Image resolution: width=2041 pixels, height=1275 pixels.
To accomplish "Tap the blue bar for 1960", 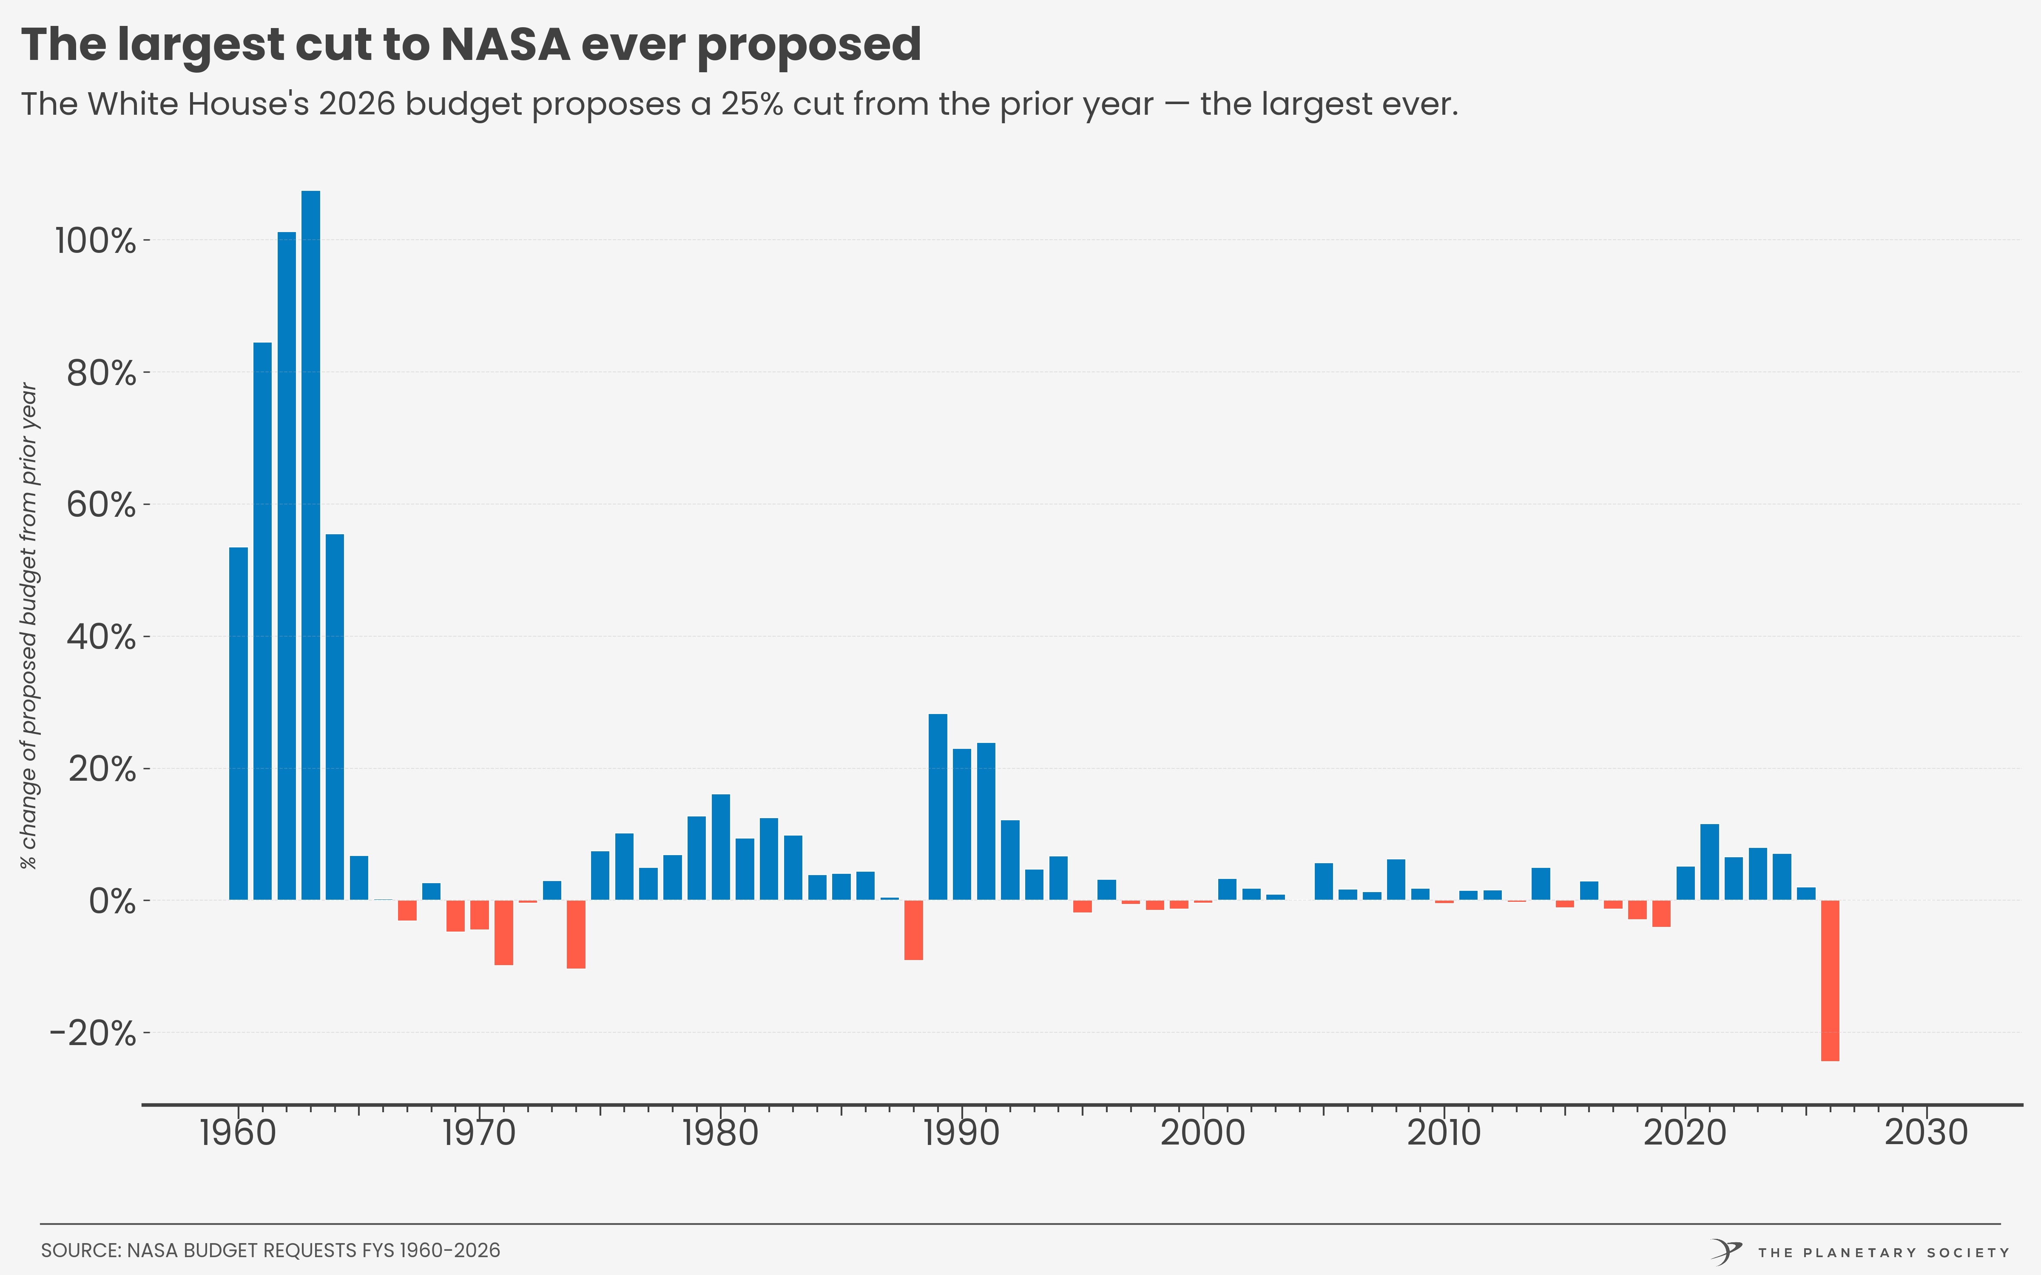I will click(x=239, y=723).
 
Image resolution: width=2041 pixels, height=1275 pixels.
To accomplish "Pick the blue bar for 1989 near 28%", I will click(x=938, y=807).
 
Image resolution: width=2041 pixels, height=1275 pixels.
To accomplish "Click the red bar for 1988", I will click(x=913, y=929).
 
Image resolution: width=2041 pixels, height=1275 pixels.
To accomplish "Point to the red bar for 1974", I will click(x=576, y=933).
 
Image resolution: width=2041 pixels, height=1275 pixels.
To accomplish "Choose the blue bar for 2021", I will click(x=1709, y=862).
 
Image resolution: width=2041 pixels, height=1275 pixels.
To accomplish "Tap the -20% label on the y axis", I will click(x=93, y=1033).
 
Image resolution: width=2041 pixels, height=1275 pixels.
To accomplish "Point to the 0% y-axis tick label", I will click(x=112, y=901).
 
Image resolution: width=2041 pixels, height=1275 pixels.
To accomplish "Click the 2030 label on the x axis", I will click(x=1926, y=1133).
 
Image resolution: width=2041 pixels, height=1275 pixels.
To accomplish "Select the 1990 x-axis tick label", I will click(x=961, y=1133).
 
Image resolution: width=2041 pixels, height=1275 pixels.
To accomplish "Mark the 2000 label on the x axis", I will click(x=1202, y=1133).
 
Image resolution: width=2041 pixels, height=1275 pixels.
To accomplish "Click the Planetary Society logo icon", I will click(x=1726, y=1251).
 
